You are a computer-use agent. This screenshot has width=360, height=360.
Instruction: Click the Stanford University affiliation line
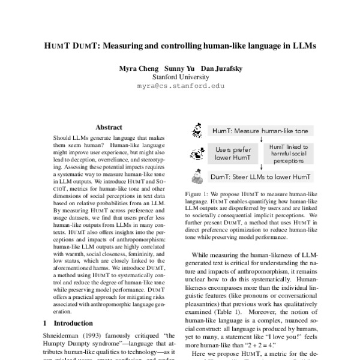(x=180, y=77)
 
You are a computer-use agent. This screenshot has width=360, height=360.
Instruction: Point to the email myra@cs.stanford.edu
(x=180, y=86)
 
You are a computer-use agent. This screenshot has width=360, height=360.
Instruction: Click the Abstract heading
(x=109, y=127)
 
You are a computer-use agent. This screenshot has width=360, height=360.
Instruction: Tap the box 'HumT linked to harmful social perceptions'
(x=288, y=154)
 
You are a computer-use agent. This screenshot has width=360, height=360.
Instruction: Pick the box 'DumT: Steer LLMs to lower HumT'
(x=260, y=178)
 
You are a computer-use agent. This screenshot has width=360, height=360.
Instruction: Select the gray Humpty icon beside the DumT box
(x=196, y=177)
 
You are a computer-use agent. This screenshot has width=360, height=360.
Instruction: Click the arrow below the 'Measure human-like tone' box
(x=262, y=139)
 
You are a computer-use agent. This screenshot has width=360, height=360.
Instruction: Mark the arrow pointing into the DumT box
(x=262, y=167)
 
